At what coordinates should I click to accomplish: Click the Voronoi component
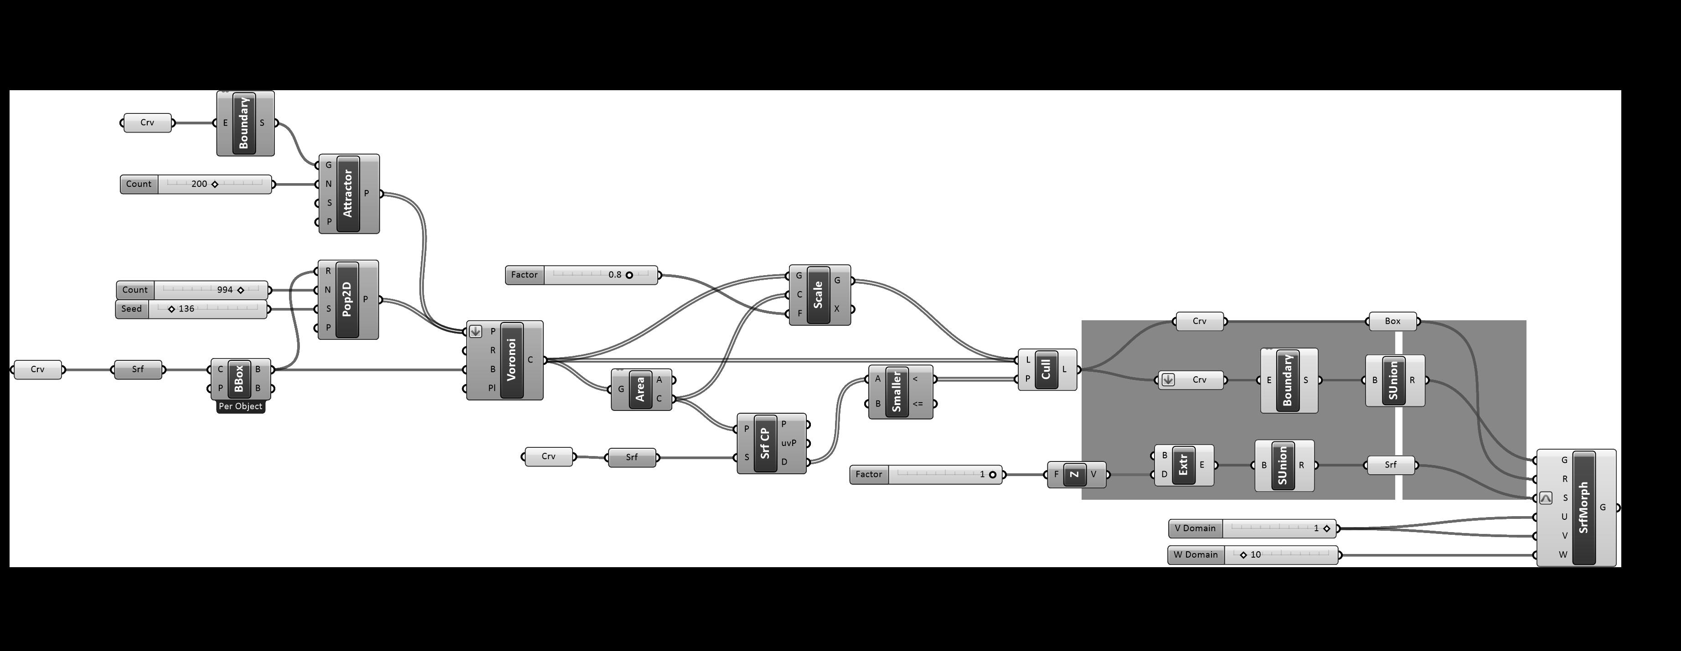click(511, 360)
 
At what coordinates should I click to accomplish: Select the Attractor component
click(348, 194)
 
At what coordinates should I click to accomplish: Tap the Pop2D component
click(347, 300)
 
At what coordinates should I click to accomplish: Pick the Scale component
click(818, 295)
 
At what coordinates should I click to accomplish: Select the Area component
click(640, 390)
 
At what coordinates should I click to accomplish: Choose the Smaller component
click(896, 391)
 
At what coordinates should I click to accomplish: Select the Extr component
click(1183, 465)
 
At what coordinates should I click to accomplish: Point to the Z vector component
click(1075, 474)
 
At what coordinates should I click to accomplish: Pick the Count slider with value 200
click(196, 184)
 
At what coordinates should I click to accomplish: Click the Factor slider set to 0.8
click(582, 275)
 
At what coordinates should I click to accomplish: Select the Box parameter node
click(1392, 321)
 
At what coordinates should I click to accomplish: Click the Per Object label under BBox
click(241, 406)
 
